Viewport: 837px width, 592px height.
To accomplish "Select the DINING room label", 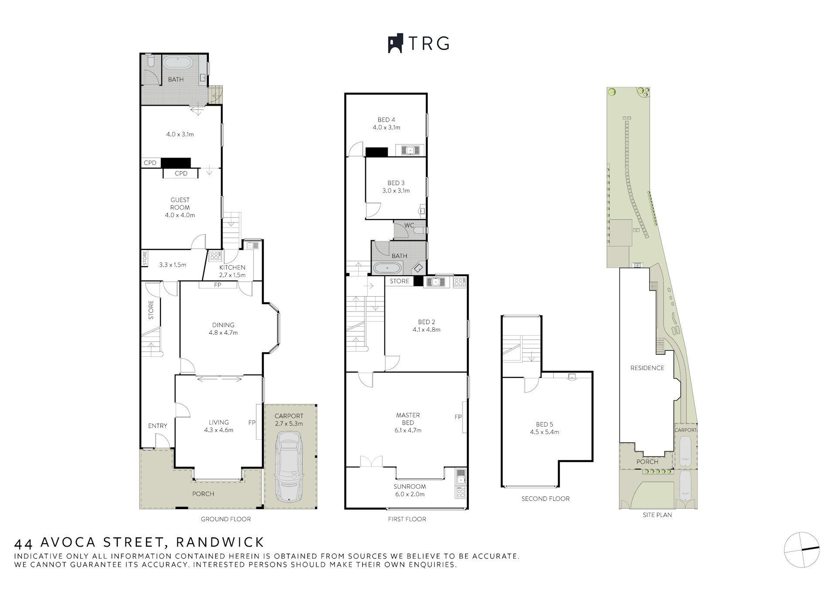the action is (223, 325).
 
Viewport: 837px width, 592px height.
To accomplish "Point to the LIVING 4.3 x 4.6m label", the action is (219, 426).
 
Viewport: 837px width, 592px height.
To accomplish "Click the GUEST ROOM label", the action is (180, 204).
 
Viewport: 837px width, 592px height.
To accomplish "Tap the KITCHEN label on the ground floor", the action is (232, 267).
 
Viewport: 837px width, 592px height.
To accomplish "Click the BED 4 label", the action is (386, 120).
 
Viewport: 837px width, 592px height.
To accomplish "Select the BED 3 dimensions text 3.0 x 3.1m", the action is (396, 191).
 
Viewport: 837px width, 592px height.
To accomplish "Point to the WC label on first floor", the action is (409, 226).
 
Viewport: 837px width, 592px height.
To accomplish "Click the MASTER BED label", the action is (408, 419).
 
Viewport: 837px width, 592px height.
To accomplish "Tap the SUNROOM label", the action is (410, 486).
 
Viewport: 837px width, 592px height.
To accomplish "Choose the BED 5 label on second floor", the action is (544, 424).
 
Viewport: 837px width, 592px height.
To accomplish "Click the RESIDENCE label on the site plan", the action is (647, 368).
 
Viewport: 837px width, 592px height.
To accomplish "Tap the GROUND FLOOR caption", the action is (226, 519).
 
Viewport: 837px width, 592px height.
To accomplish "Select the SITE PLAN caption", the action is (657, 515).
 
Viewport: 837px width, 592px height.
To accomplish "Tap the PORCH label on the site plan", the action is (647, 462).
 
